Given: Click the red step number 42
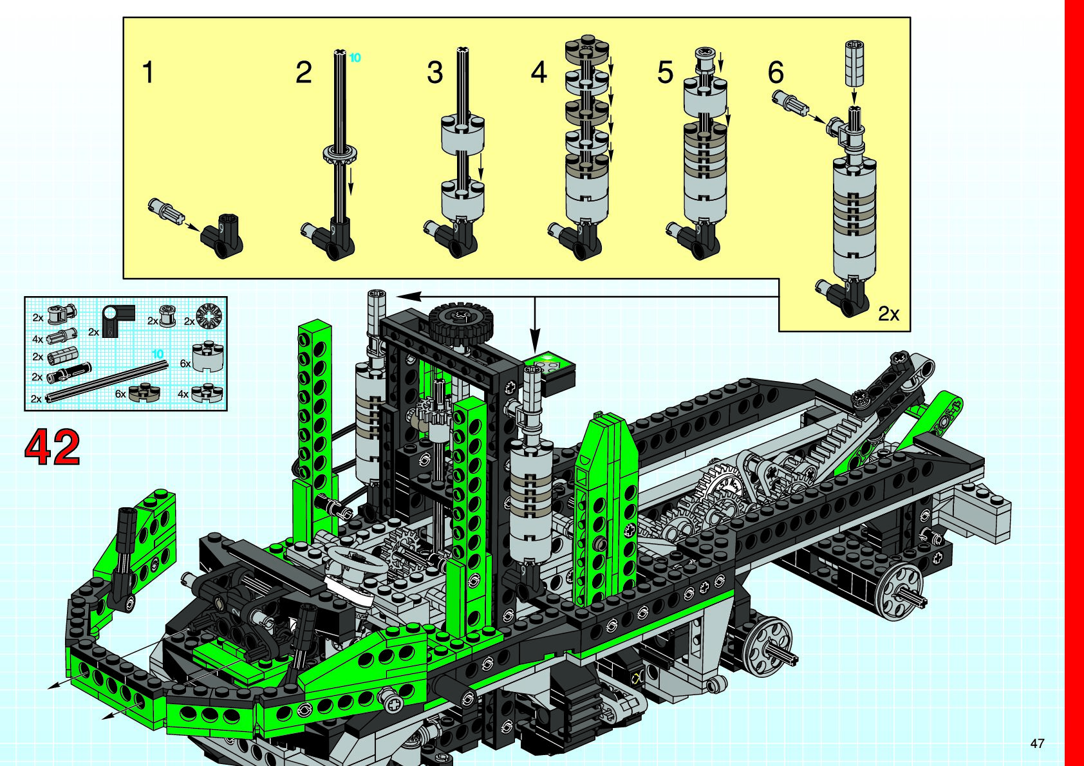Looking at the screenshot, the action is point(52,447).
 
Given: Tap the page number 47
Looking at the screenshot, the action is point(1037,743).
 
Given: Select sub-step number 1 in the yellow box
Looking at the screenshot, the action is point(148,72).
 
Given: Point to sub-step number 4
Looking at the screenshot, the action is point(539,72).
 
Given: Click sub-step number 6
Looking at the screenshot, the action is point(776,72).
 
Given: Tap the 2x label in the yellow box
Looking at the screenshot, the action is point(888,314).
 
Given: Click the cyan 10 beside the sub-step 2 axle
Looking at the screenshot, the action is point(355,58).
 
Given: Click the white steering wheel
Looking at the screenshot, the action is point(357,561).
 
